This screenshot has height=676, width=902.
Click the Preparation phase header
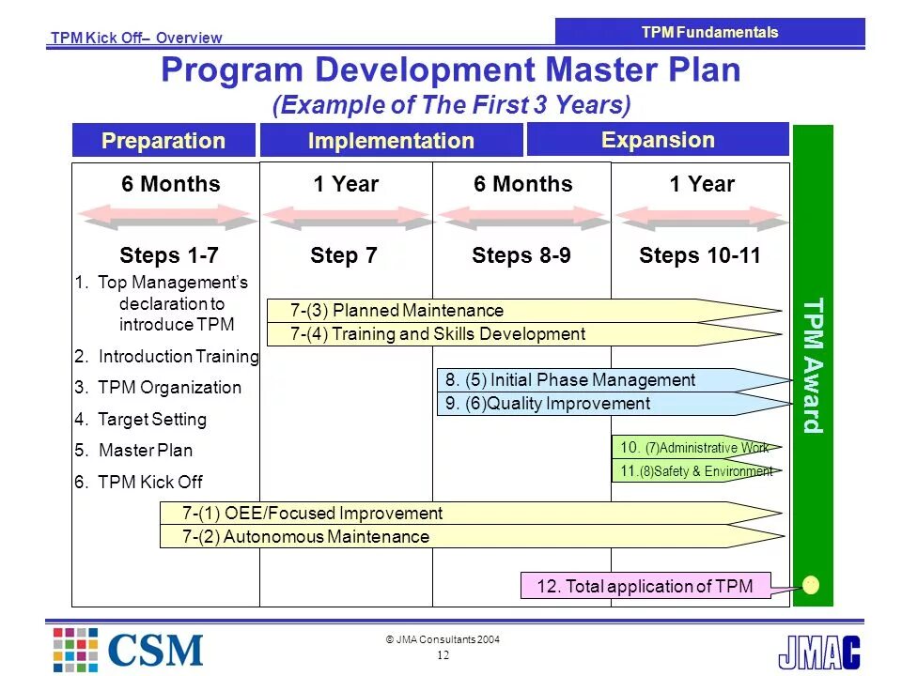pyautogui.click(x=163, y=141)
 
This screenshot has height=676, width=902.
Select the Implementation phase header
pyautogui.click(x=391, y=141)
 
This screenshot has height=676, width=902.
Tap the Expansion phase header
pyautogui.click(x=658, y=140)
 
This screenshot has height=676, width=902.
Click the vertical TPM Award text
pyautogui.click(x=813, y=365)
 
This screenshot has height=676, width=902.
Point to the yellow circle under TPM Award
pyautogui.click(x=812, y=585)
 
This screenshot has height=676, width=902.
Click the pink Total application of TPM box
pyautogui.click(x=645, y=586)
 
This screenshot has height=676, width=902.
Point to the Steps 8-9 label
pyautogui.click(x=521, y=255)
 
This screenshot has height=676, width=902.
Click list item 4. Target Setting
pyautogui.click(x=140, y=419)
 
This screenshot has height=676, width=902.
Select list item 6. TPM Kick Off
pyautogui.click(x=138, y=483)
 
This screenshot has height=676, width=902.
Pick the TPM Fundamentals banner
pyautogui.click(x=709, y=32)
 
